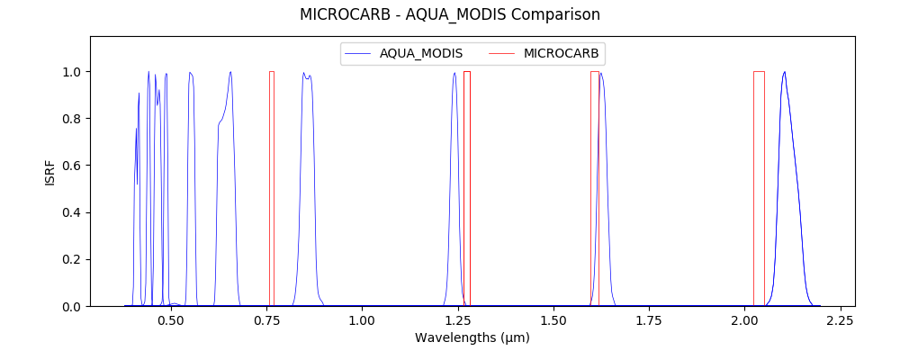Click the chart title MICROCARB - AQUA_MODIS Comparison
coord(450,14)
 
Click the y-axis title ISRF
coord(50,173)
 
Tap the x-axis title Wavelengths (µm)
coord(472,338)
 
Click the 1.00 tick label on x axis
coord(362,319)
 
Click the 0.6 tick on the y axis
coord(72,166)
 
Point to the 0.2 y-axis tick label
coord(72,259)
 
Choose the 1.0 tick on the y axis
coord(72,72)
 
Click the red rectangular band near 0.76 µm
coord(272,189)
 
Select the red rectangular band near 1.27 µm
coord(467,189)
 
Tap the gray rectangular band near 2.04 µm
coord(759,189)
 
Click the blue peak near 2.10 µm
coord(785,74)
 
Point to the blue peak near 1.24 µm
coord(454,75)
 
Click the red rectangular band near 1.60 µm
coord(594,189)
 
